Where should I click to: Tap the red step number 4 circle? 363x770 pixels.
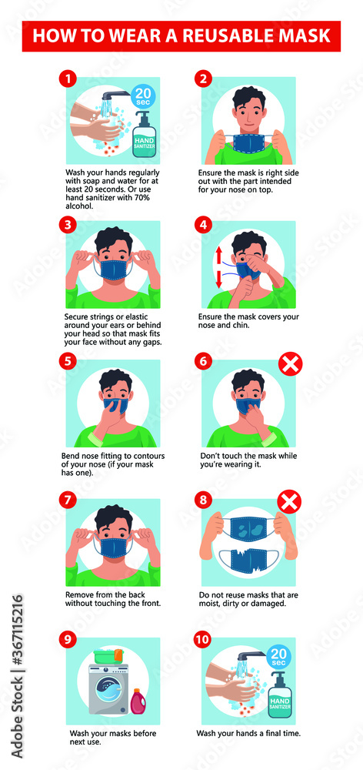point(204,225)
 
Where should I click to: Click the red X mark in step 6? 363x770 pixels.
point(289,363)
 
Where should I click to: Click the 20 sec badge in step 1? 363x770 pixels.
point(144,96)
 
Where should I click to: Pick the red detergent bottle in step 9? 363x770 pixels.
point(139,701)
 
